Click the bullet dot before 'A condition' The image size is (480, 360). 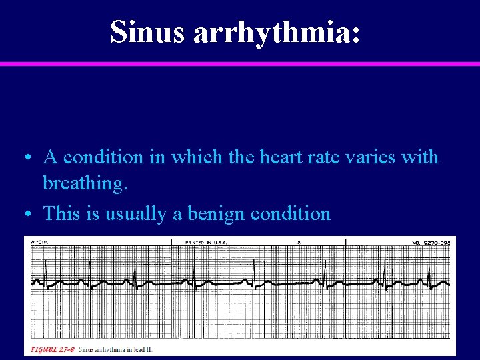coord(25,158)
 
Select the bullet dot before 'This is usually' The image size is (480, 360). coord(25,214)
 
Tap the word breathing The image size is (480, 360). coord(84,184)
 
